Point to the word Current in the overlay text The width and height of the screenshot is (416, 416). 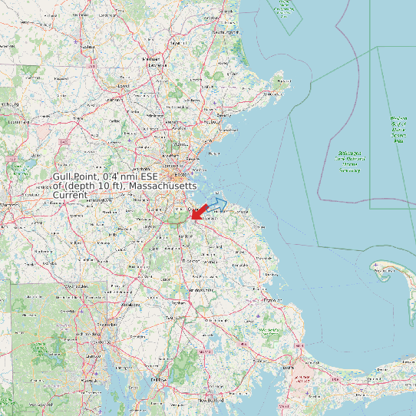pos(69,196)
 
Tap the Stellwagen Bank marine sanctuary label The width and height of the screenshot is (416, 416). pos(351,158)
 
